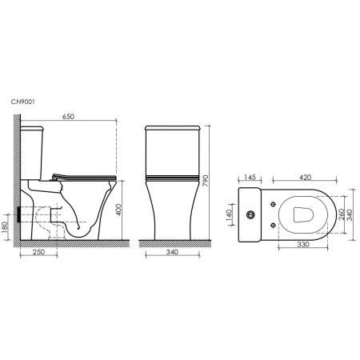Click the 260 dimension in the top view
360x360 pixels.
(x=342, y=214)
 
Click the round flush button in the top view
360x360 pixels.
(x=251, y=214)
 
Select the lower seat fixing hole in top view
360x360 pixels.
(x=274, y=226)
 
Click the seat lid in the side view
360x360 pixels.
(x=84, y=175)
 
